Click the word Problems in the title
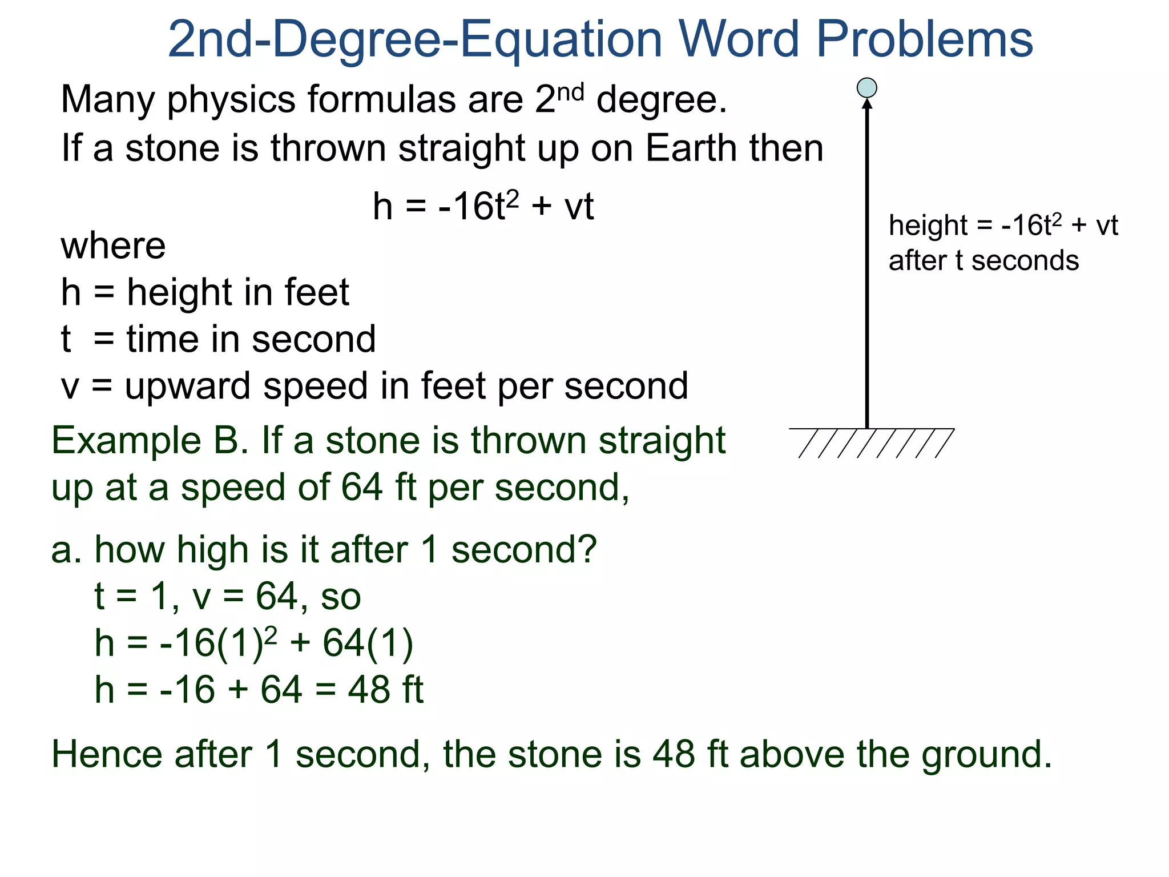[x=925, y=40]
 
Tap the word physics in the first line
[x=231, y=100]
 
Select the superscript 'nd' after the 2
[x=570, y=91]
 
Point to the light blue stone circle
[x=867, y=88]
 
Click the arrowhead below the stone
[x=867, y=104]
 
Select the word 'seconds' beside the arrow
[x=1025, y=261]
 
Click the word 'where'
[x=113, y=247]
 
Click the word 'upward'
[x=188, y=387]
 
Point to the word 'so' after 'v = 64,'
[x=341, y=597]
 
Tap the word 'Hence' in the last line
[x=107, y=754]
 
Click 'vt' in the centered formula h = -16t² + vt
[x=579, y=207]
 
